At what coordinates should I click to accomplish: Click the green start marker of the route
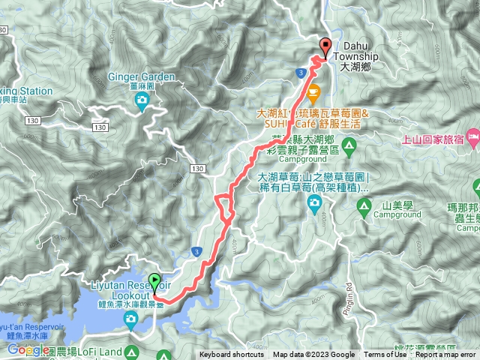pyautogui.click(x=155, y=283)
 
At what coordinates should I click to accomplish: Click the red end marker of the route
pyautogui.click(x=325, y=46)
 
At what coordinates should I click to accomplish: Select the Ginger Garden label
pyautogui.click(x=143, y=76)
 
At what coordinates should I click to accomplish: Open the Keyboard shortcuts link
pyautogui.click(x=231, y=355)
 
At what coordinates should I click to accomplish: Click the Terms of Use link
pyautogui.click(x=385, y=355)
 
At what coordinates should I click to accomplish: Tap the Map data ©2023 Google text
pyautogui.click(x=313, y=355)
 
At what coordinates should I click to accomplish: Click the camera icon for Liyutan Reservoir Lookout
pyautogui.click(x=131, y=319)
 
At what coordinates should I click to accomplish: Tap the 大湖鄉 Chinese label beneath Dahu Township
pyautogui.click(x=355, y=67)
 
